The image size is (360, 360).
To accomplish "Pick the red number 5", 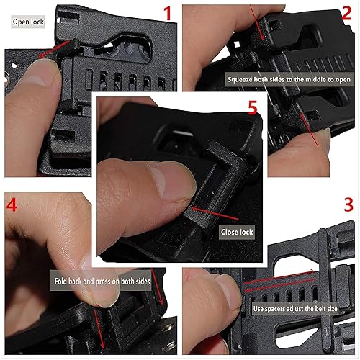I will [252, 108].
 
